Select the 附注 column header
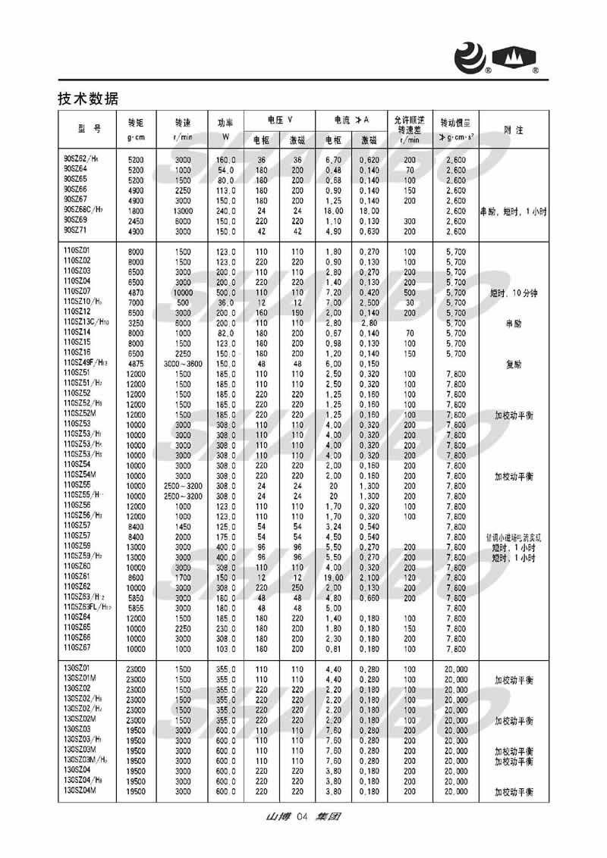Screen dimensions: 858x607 (x=514, y=130)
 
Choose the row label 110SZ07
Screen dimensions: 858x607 (x=77, y=291)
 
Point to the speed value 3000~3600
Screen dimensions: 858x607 (x=183, y=363)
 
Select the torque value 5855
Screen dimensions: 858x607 (x=136, y=607)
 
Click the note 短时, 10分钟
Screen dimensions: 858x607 (x=514, y=291)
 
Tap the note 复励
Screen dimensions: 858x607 (x=514, y=363)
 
